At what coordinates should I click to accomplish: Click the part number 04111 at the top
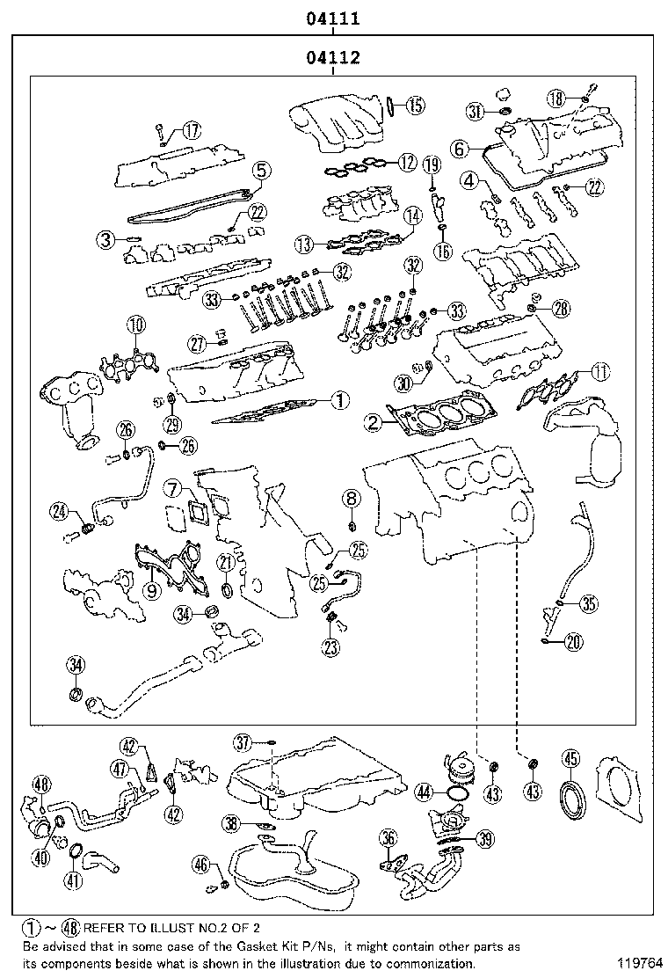[333, 17]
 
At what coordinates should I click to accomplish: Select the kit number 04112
[333, 59]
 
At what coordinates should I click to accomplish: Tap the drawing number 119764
[637, 964]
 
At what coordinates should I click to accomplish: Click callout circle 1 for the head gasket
[340, 400]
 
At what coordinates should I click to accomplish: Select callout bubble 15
[415, 105]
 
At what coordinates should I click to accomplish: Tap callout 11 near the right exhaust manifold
[599, 372]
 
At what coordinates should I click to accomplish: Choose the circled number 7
[173, 487]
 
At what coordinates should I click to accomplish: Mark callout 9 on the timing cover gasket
[151, 590]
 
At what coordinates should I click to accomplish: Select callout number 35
[588, 603]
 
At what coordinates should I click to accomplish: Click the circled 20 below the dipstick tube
[573, 643]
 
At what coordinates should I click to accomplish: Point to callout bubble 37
[243, 744]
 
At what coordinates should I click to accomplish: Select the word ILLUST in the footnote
[132, 927]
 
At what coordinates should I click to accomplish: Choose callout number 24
[60, 509]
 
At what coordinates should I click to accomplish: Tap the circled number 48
[40, 785]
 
